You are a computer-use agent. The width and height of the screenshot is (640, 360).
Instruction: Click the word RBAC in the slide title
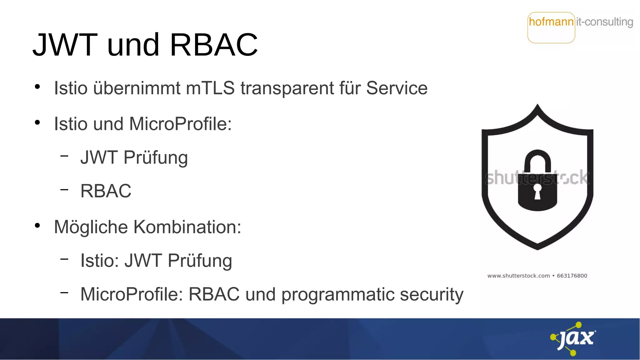coord(214,45)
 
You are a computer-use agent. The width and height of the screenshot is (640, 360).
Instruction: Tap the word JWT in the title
coord(65,45)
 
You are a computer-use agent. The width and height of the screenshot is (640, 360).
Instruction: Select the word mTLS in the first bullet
coord(210,88)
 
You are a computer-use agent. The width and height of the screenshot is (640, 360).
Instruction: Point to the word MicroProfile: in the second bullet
coord(180,124)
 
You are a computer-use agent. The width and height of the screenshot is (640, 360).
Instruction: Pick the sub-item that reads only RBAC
coord(106,191)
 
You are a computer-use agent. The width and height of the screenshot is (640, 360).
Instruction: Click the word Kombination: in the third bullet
coord(187,227)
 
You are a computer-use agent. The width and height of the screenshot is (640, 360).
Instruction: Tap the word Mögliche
coord(91,227)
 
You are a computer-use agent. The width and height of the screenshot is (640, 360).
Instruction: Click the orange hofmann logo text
coord(551,22)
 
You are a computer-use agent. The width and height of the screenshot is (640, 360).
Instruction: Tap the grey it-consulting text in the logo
coord(604,22)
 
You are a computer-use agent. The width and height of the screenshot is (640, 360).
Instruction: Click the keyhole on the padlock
coord(537,191)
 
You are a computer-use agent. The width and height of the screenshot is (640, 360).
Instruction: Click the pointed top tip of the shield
coord(537,106)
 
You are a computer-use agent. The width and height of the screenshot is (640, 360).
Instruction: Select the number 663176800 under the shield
coord(572,276)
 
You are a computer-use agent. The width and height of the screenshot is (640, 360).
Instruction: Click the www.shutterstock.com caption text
coord(518,276)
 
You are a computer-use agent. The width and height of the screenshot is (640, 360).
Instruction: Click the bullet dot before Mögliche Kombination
coord(37,225)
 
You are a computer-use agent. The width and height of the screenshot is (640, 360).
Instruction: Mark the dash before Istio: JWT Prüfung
coord(64,259)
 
